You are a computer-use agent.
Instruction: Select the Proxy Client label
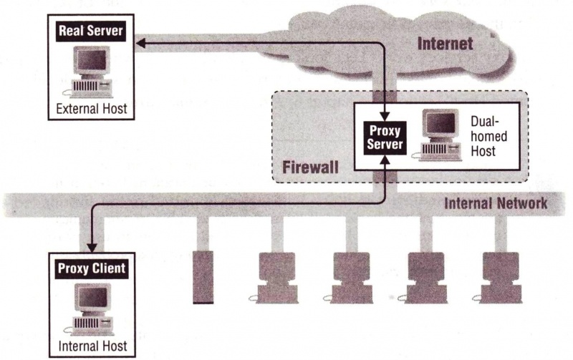coord(90,269)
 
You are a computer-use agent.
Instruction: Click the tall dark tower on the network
coord(204,277)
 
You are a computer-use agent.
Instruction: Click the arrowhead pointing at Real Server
coord(140,45)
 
